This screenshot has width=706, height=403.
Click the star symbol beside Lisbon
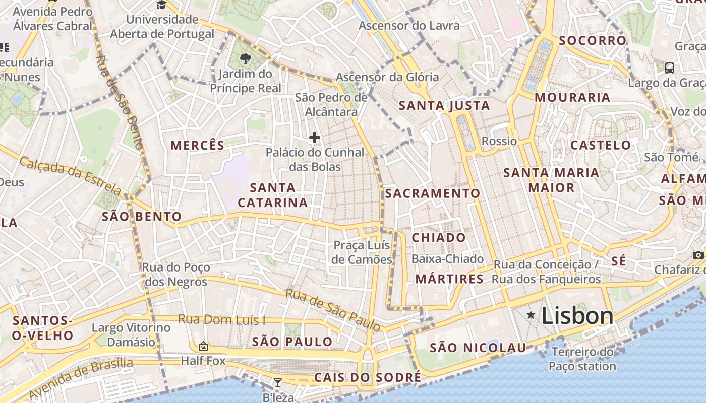tap(531, 315)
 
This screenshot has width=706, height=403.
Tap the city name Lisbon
tap(577, 316)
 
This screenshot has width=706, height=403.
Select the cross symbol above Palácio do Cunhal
tap(315, 137)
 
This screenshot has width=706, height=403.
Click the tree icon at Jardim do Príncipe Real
tap(246, 58)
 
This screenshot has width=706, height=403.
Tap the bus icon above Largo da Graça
tap(670, 68)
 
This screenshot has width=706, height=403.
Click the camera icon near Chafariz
tap(698, 255)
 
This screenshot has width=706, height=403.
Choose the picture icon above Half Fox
tap(203, 346)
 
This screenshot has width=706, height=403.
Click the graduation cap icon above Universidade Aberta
tap(161, 5)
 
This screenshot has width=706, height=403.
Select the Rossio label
tap(499, 141)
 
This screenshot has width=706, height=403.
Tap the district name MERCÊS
tap(198, 146)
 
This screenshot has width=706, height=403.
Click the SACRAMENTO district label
tap(433, 193)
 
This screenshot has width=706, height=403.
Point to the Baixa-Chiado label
tap(448, 259)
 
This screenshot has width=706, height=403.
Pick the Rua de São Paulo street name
tap(333, 310)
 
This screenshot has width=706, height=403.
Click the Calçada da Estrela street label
tap(71, 175)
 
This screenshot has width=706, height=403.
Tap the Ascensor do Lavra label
tap(409, 25)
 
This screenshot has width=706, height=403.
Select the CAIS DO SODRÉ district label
tap(367, 377)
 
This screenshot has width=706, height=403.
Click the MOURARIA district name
tap(572, 97)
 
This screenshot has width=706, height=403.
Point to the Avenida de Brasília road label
tap(81, 379)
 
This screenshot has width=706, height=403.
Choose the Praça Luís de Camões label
tap(362, 252)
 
